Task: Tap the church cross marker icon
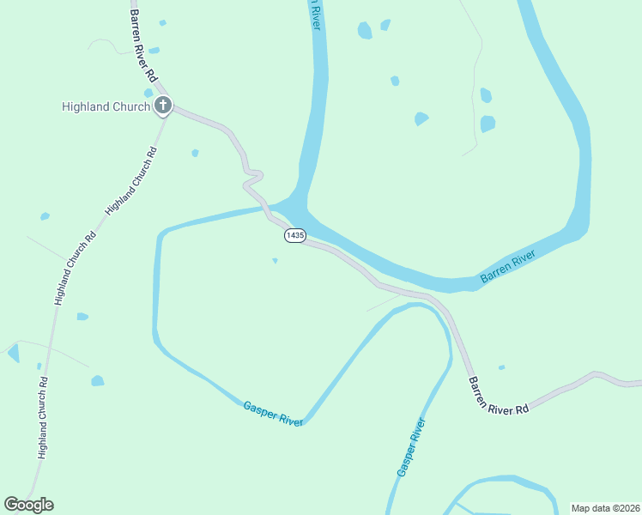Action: (x=163, y=106)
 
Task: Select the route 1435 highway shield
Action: (x=294, y=235)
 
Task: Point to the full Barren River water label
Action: (x=507, y=267)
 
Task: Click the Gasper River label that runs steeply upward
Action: (x=411, y=447)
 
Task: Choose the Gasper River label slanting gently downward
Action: (x=273, y=413)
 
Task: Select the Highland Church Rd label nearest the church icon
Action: (x=130, y=182)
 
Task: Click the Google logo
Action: (x=28, y=505)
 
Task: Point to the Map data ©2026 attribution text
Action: (x=605, y=508)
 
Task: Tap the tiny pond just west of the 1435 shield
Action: (x=275, y=260)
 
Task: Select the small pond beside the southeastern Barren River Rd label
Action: (x=501, y=367)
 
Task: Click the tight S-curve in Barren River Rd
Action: (x=251, y=179)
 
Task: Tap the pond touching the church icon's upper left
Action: (x=148, y=93)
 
